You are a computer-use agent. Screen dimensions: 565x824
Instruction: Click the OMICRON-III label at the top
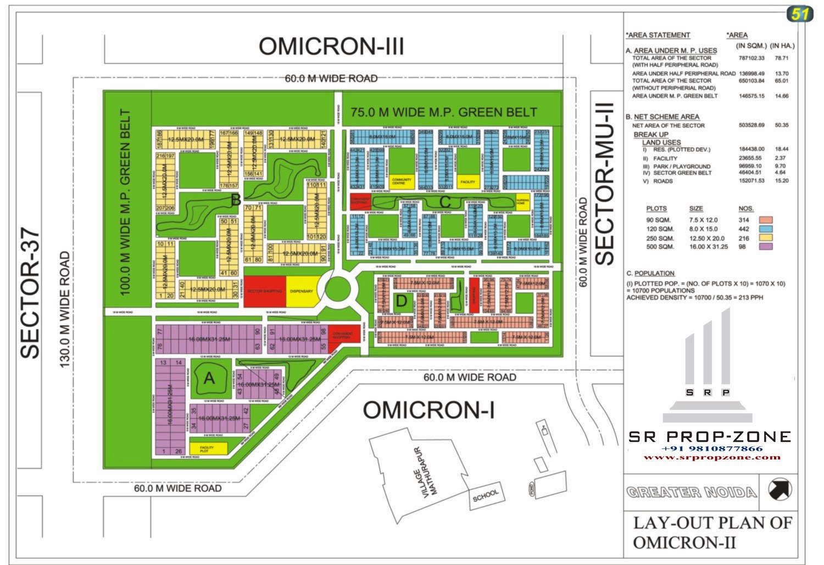click(x=331, y=47)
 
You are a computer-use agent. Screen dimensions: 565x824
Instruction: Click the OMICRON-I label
click(x=428, y=410)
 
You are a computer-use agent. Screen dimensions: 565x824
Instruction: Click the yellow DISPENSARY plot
click(x=302, y=291)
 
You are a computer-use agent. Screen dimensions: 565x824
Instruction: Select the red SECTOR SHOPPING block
click(x=265, y=291)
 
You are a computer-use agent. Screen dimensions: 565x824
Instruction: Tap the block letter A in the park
click(x=209, y=378)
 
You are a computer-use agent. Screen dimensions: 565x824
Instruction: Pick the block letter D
click(x=402, y=301)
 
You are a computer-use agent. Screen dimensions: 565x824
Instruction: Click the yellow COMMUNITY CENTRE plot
click(x=402, y=181)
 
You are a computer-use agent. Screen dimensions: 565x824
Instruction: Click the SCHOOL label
click(x=486, y=496)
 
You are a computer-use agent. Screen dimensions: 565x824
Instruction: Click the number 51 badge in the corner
click(x=799, y=14)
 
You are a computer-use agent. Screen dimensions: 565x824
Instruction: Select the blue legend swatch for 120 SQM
click(x=765, y=229)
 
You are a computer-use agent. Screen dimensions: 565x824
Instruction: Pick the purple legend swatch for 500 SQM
click(x=765, y=246)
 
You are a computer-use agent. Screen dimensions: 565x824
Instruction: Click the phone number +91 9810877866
click(x=712, y=448)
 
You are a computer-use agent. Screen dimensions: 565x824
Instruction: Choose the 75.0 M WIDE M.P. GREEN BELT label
click(x=444, y=112)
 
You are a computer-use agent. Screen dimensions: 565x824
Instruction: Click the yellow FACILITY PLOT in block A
click(x=208, y=448)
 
